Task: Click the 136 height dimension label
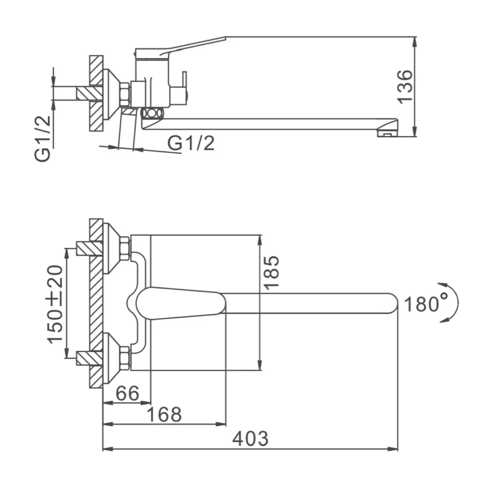tap(404, 87)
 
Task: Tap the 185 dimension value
tap(271, 273)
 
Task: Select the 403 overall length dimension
tap(250, 439)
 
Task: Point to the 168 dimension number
tap(164, 415)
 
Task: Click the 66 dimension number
tap(127, 393)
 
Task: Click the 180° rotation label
tap(426, 304)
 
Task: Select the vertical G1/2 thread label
tap(42, 138)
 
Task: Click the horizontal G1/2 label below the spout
tap(191, 143)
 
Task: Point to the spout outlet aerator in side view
tap(387, 133)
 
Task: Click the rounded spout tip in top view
tap(391, 304)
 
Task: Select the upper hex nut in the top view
tap(124, 249)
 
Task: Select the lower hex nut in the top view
tap(124, 358)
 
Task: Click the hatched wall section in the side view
tap(96, 93)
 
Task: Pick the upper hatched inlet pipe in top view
tap(89, 248)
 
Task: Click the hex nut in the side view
tap(125, 94)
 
